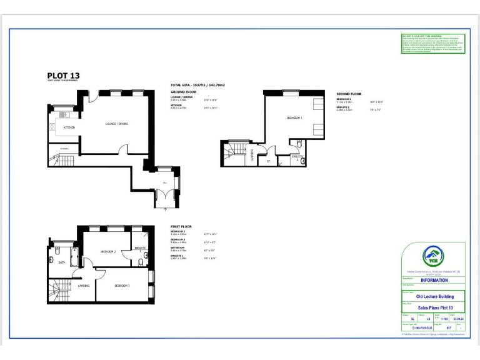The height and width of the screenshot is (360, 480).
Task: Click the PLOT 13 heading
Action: tap(63, 76)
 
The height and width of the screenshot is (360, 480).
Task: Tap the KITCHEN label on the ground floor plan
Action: tap(69, 127)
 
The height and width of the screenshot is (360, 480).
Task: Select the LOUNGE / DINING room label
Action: tap(116, 124)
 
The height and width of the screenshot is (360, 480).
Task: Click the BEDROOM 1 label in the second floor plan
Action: tap(294, 118)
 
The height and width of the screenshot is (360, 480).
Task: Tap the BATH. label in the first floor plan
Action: tap(62, 263)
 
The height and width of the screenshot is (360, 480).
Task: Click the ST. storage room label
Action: tap(267, 161)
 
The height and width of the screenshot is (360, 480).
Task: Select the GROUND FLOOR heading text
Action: tap(183, 92)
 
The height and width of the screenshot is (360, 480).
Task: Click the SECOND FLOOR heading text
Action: tap(349, 93)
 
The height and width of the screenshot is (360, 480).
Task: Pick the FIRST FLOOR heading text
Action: tap(181, 226)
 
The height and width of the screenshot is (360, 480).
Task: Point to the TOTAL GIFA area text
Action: tap(197, 84)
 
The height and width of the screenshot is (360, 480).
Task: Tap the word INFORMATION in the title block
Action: tap(432, 280)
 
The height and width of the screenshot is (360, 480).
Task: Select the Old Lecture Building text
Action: tap(432, 296)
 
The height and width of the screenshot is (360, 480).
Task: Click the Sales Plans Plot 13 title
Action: tap(432, 308)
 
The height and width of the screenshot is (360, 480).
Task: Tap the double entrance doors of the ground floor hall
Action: tap(162, 201)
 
